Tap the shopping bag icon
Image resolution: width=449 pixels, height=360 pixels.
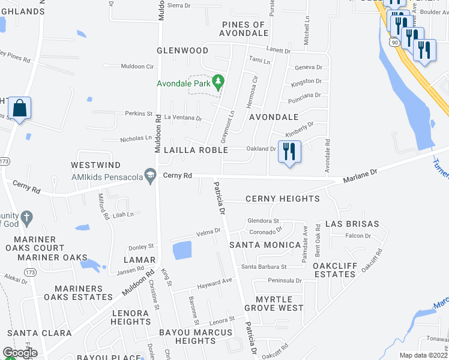[20, 109]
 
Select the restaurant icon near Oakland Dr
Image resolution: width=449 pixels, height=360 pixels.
[290, 151]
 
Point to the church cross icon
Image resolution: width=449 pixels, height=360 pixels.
[25, 217]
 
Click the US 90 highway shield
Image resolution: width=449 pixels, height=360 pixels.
[393, 43]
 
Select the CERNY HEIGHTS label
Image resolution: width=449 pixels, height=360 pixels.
[283, 199]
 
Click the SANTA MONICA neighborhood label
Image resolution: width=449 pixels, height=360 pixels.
[265, 245]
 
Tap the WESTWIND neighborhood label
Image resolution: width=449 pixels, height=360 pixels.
[95, 165]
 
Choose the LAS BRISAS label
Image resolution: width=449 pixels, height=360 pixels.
[352, 224]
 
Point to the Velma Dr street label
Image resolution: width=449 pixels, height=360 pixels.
[208, 232]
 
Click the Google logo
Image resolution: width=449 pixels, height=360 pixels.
[20, 353]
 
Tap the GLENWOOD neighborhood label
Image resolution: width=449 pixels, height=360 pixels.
[182, 51]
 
